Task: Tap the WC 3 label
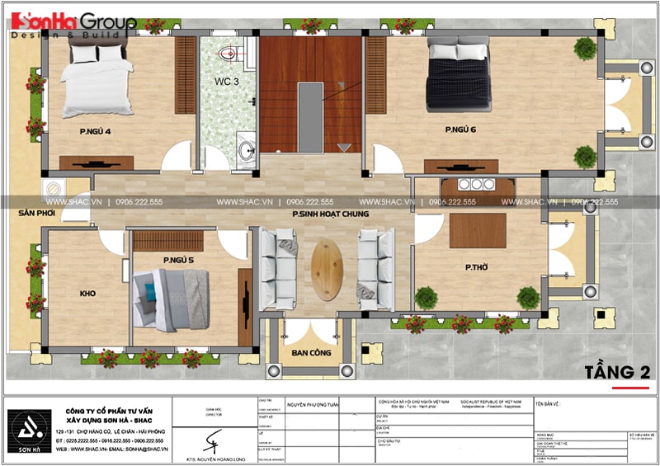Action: click(x=228, y=82)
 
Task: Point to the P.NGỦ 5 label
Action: click(x=178, y=261)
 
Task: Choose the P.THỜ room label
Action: click(x=478, y=267)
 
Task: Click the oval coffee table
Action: click(x=328, y=271)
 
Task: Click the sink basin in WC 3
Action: click(x=246, y=150)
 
